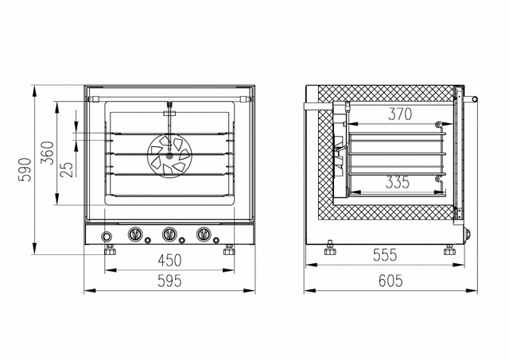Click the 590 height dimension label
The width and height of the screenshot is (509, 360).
click(25, 169)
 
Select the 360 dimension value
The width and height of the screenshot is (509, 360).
click(48, 153)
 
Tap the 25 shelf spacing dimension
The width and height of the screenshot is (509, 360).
click(67, 169)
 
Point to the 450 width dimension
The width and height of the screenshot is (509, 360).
click(169, 260)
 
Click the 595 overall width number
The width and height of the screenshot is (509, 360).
click(169, 281)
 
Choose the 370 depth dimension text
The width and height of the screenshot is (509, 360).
click(400, 114)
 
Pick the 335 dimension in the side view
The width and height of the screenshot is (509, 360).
click(398, 182)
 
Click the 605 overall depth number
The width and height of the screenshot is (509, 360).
click(390, 281)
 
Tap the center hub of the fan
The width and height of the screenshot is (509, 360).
click(169, 156)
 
